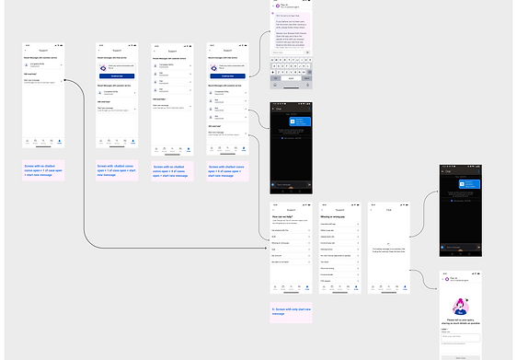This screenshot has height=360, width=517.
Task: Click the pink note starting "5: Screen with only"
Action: pyautogui.click(x=292, y=310)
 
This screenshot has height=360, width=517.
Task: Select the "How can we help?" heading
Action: pyautogui.click(x=281, y=216)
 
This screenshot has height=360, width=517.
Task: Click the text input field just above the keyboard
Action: pyautogui.click(x=292, y=58)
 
